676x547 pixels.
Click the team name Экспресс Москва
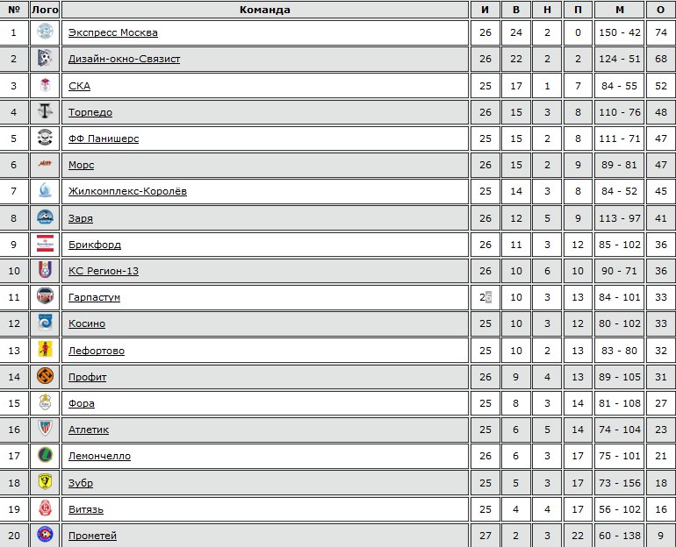point(113,32)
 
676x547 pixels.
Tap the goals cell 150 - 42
point(620,32)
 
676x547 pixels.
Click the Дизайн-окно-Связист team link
point(124,60)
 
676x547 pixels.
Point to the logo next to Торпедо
point(46,112)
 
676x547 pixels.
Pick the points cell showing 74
point(660,32)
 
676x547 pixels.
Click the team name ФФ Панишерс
point(104,139)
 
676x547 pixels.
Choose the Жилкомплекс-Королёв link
point(127,191)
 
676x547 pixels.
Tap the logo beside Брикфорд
point(46,245)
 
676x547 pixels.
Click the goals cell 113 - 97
point(620,218)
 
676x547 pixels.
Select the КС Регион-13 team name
point(104,271)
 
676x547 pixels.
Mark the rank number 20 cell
point(13,536)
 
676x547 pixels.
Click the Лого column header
point(45,10)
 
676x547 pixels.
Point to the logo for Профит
point(46,377)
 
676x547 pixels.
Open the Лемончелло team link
point(99,456)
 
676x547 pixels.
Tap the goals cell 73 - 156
point(620,483)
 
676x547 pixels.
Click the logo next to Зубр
point(46,483)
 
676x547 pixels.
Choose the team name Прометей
point(92,536)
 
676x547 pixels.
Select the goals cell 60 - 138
point(620,536)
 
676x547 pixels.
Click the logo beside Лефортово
point(46,351)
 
